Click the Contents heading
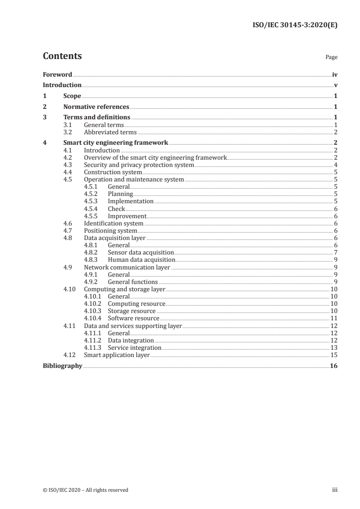62,56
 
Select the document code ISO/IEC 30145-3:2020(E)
295,25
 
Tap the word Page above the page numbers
331,58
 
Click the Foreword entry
57,74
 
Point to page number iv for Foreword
335,74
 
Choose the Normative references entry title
96,107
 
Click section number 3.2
68,132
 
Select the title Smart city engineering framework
116,142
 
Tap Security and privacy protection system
139,165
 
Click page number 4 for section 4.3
335,165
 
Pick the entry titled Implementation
131,201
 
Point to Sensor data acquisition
141,252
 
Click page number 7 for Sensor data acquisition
335,252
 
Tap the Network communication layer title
127,267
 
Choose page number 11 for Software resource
334,318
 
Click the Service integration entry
134,347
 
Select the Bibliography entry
62,366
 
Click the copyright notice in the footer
85,490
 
